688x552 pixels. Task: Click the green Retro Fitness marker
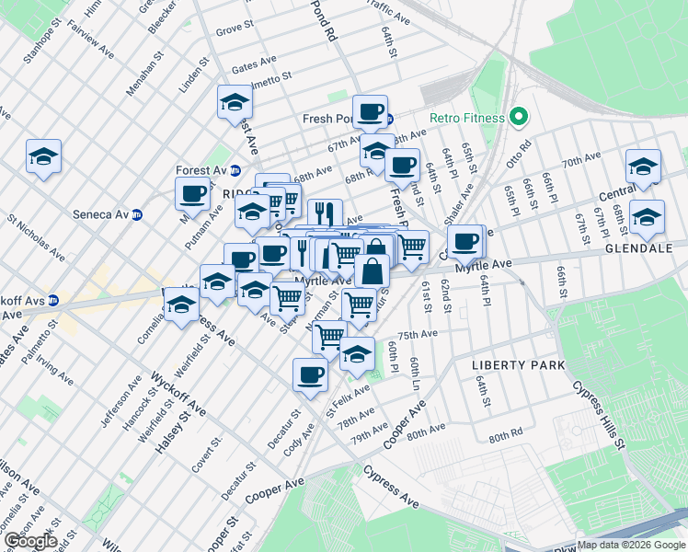(519, 118)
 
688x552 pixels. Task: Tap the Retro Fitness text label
(467, 118)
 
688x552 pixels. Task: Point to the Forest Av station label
(201, 170)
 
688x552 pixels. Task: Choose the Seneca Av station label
(100, 215)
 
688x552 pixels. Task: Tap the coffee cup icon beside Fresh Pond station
(370, 112)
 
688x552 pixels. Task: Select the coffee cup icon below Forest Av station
(193, 194)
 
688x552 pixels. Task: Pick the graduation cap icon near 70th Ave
(643, 167)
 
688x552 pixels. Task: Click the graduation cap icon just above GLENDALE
(647, 217)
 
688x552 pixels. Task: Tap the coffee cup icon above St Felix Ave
(310, 374)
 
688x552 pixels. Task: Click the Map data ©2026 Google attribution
(631, 545)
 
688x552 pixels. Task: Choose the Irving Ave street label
(55, 368)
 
